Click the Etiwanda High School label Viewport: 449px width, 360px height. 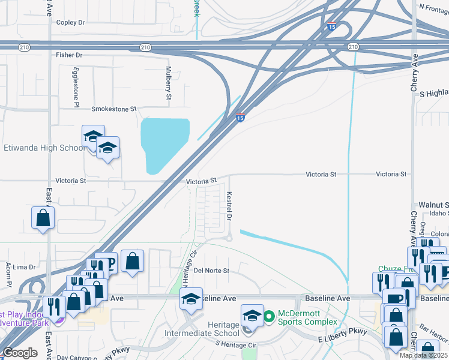[x=45, y=148]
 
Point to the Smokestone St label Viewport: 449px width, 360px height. [x=114, y=109]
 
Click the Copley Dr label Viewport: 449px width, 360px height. [x=70, y=22]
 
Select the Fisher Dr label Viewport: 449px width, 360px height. [x=69, y=55]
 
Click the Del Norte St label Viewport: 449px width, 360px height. [x=211, y=271]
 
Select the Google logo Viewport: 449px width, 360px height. [x=20, y=353]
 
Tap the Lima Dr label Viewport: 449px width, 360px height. [x=24, y=266]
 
